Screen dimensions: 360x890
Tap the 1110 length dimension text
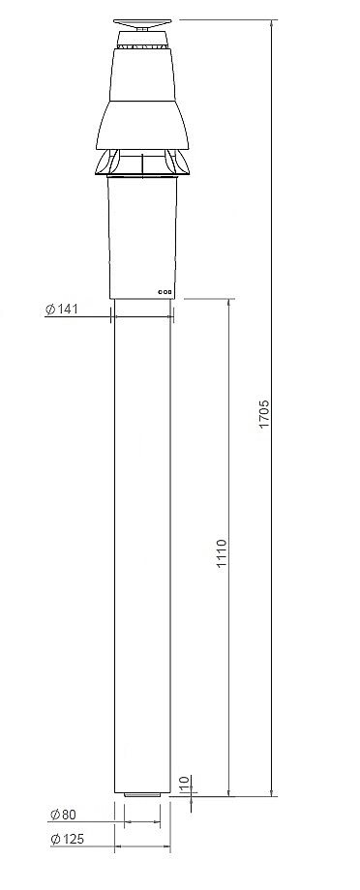222,553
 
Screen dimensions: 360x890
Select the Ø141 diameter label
61,310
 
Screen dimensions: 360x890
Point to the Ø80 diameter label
63,815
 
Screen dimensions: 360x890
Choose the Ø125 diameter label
67,839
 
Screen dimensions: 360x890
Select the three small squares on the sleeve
165,292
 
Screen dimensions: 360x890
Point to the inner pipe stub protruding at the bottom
142,795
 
